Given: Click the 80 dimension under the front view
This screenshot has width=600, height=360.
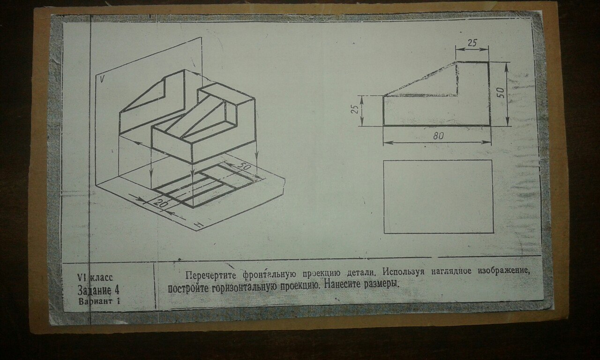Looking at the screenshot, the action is click(x=438, y=136).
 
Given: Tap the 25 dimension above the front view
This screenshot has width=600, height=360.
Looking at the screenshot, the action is click(x=472, y=43).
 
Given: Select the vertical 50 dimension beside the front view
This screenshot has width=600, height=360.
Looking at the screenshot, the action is click(x=502, y=93).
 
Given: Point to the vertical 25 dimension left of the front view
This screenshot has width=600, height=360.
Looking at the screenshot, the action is click(x=355, y=109).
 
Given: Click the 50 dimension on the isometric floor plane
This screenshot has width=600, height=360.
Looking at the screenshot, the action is click(x=244, y=167).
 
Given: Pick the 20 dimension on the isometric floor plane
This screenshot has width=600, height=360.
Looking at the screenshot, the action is click(x=160, y=203).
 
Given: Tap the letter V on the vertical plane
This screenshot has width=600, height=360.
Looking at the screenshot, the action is click(x=102, y=79).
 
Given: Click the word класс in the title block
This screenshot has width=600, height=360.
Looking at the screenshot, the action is click(x=101, y=278).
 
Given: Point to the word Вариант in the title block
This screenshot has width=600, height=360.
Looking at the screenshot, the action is click(x=95, y=301).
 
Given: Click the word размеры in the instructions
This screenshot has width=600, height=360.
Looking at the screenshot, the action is click(x=381, y=284).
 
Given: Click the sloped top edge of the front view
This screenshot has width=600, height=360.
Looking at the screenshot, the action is click(x=420, y=79).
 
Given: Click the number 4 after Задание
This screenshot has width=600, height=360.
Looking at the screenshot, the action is click(x=116, y=290).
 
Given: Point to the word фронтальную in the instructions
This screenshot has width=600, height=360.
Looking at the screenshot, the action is click(x=269, y=275).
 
